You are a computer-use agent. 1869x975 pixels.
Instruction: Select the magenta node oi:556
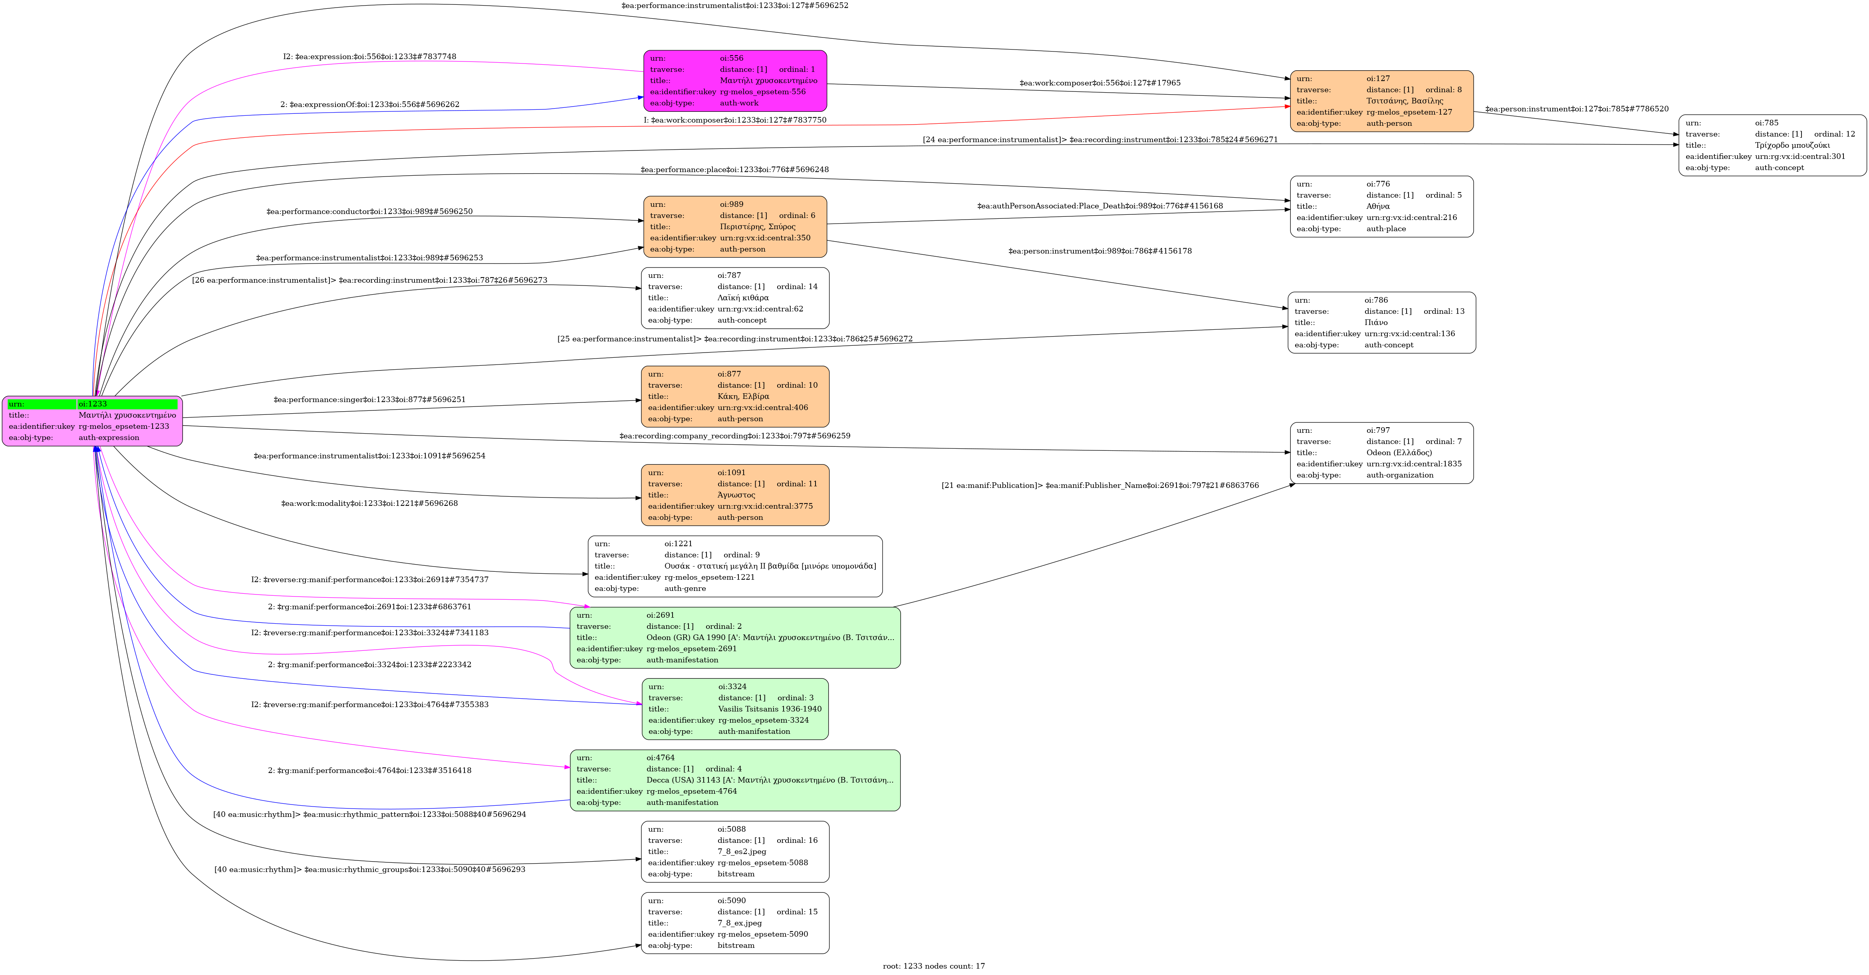point(734,81)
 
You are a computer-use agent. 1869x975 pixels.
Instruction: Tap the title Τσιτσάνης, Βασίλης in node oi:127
point(1405,101)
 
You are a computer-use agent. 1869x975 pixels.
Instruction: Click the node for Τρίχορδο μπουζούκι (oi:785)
point(1772,145)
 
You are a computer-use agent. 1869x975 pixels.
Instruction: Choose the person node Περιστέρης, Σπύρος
point(734,226)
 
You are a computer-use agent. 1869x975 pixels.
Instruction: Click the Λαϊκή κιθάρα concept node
point(734,297)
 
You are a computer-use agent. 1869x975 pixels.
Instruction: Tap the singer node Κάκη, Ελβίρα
point(734,396)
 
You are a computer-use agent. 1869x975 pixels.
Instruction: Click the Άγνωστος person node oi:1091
point(734,495)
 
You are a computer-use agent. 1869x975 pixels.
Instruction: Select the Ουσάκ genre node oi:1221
point(734,566)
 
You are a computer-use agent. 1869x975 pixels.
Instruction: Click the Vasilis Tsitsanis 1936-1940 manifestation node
point(734,709)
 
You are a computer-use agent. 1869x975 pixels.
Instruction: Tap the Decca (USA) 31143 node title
point(769,780)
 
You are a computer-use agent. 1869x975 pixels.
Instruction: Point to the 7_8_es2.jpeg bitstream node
point(734,851)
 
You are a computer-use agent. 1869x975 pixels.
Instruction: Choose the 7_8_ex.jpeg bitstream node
point(734,923)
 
